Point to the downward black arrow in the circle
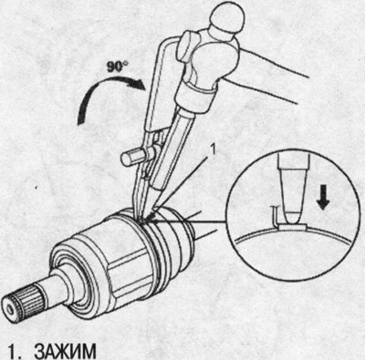click(x=323, y=200)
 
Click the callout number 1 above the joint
click(x=213, y=149)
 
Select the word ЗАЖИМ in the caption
click(x=65, y=351)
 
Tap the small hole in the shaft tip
click(x=10, y=309)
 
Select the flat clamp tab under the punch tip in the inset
click(x=293, y=226)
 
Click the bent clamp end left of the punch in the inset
click(x=275, y=216)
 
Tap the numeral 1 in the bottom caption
click(x=12, y=351)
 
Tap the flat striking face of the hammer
click(x=186, y=40)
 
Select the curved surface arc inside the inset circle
click(x=293, y=233)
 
